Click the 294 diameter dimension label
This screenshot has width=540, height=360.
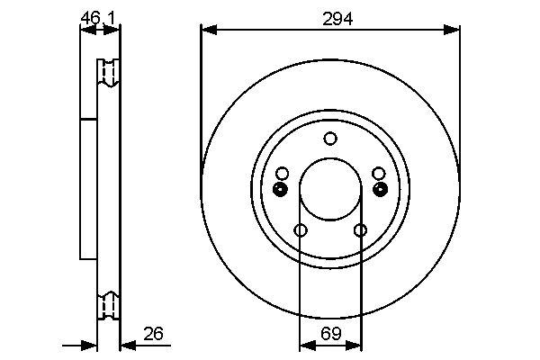coord(331,17)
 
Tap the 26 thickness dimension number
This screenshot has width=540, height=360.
coord(153,333)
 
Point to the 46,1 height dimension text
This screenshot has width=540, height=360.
coord(98,16)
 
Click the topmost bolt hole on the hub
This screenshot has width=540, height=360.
coord(330,139)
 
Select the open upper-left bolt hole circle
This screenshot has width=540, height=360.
coord(282,173)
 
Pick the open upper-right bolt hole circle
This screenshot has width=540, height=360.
coord(379,173)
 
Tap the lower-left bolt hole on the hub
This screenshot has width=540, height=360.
coord(301,231)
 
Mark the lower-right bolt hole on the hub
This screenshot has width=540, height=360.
coord(361,231)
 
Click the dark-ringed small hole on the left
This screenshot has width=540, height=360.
coord(280,189)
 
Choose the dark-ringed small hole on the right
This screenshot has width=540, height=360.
coord(380,189)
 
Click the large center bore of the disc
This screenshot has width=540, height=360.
coord(330,189)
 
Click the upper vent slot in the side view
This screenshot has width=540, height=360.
coord(108,73)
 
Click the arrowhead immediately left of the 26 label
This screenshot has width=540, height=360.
coord(127,344)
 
